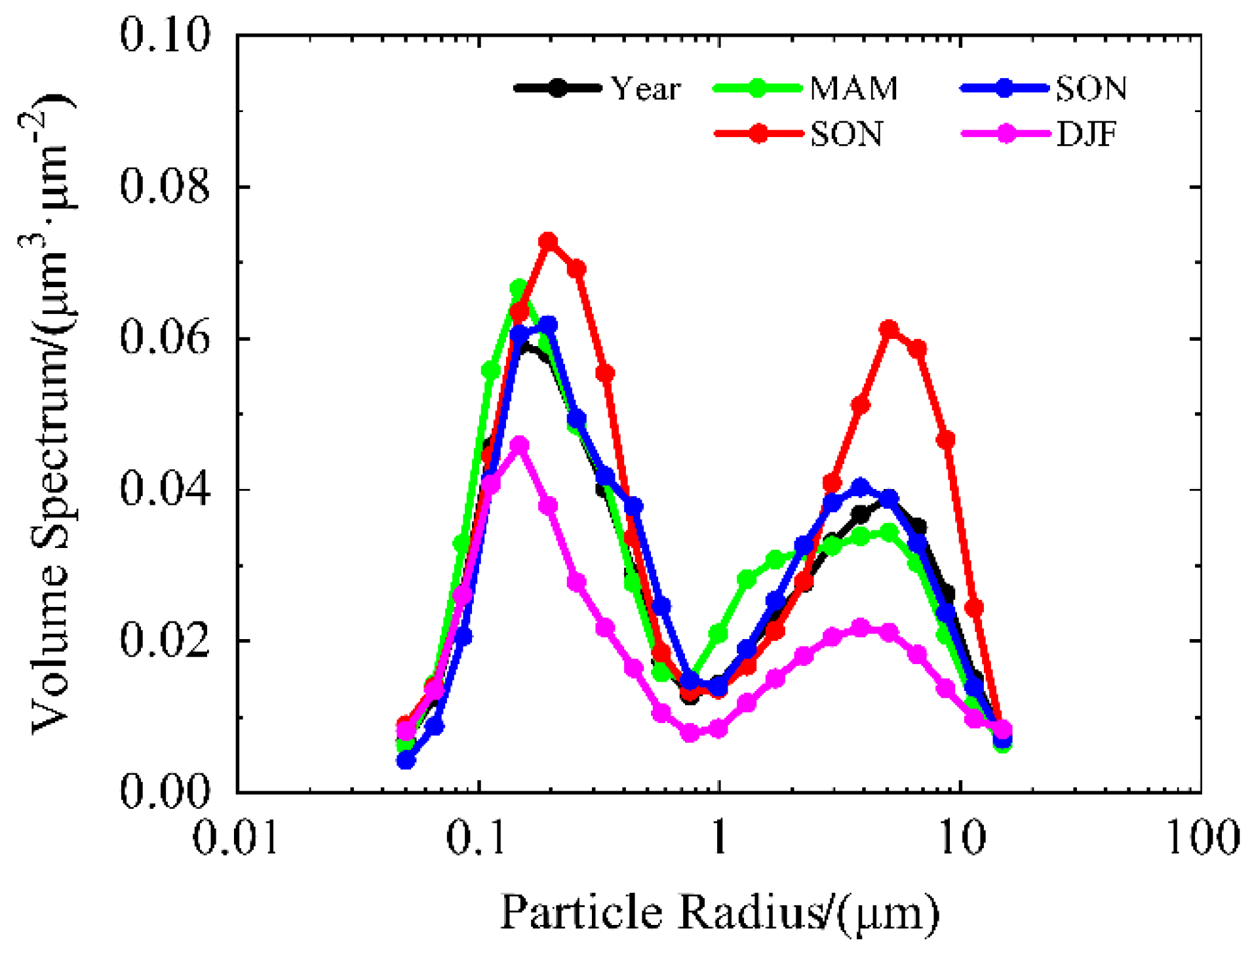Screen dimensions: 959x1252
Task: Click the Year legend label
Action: click(x=645, y=88)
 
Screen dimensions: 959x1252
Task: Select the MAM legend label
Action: click(x=853, y=88)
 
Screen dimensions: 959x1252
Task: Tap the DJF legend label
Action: click(x=1086, y=134)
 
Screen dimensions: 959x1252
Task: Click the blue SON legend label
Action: click(x=1091, y=88)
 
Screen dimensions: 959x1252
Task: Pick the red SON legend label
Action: click(x=846, y=134)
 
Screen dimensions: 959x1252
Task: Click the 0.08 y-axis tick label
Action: click(x=165, y=186)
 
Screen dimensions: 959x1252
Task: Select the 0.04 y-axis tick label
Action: click(x=165, y=489)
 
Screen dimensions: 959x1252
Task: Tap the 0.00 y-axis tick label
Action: click(x=165, y=791)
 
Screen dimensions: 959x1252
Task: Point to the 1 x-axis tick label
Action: click(x=719, y=837)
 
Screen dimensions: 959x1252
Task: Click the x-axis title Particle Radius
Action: click(x=719, y=912)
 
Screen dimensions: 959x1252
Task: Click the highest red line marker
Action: click(x=548, y=241)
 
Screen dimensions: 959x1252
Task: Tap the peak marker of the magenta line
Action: click(x=519, y=445)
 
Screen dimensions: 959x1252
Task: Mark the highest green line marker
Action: click(x=519, y=287)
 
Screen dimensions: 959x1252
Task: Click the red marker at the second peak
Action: click(x=889, y=328)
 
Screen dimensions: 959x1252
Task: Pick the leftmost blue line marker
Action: click(x=406, y=760)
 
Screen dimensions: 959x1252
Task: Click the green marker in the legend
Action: click(x=757, y=88)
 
